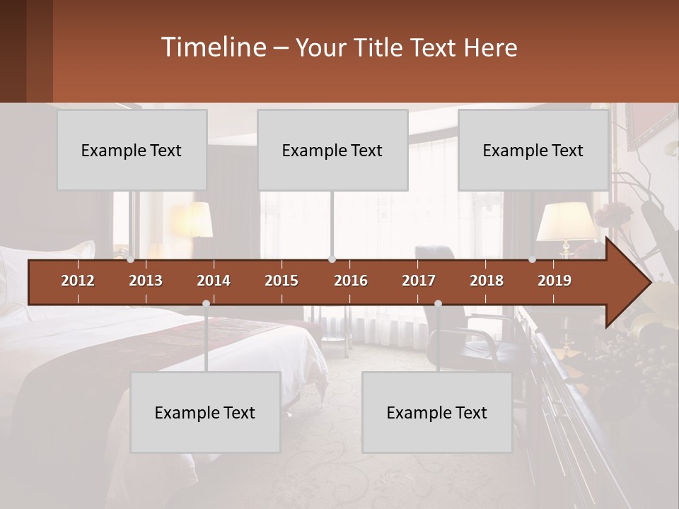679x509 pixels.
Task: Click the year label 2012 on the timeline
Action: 78,281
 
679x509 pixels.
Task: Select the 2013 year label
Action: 146,281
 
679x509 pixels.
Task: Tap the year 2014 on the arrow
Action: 214,281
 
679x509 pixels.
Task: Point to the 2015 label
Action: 282,281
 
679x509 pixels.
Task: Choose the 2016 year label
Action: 351,281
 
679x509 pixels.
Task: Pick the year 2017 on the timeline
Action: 419,281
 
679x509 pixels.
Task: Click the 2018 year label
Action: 487,281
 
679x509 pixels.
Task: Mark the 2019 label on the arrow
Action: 555,281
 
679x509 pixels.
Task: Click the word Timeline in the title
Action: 212,47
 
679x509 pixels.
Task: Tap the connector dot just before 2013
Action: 130,259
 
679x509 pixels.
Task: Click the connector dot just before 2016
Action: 332,259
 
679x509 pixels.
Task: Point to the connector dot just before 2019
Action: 532,259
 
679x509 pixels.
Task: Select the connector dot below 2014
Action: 206,303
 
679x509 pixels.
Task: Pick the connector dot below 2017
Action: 438,303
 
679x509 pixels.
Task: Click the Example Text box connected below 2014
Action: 205,412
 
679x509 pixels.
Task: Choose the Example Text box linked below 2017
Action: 437,412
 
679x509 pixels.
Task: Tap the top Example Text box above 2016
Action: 332,150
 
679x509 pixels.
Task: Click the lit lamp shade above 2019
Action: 566,222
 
